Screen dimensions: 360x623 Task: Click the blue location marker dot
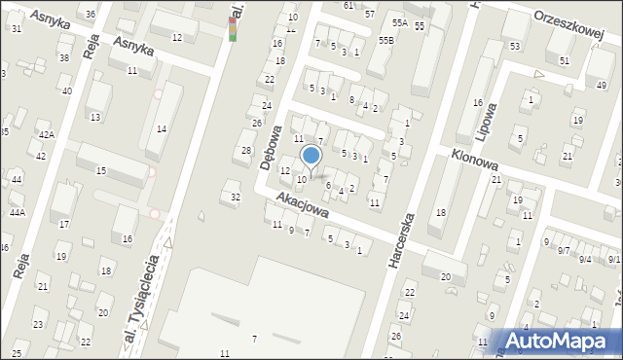click(x=311, y=156)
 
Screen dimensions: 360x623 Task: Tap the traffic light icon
click(x=233, y=28)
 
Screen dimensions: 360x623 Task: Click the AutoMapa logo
click(x=558, y=341)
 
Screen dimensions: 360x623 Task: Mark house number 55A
click(x=399, y=22)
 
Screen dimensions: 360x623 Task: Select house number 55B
click(x=386, y=40)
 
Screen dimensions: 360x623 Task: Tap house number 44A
click(x=17, y=212)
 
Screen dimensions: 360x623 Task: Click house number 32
click(x=235, y=197)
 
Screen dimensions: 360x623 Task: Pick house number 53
click(x=514, y=46)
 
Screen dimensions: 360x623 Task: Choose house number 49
click(x=601, y=86)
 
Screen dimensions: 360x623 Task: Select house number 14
click(x=162, y=129)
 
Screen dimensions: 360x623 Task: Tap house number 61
click(x=348, y=5)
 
